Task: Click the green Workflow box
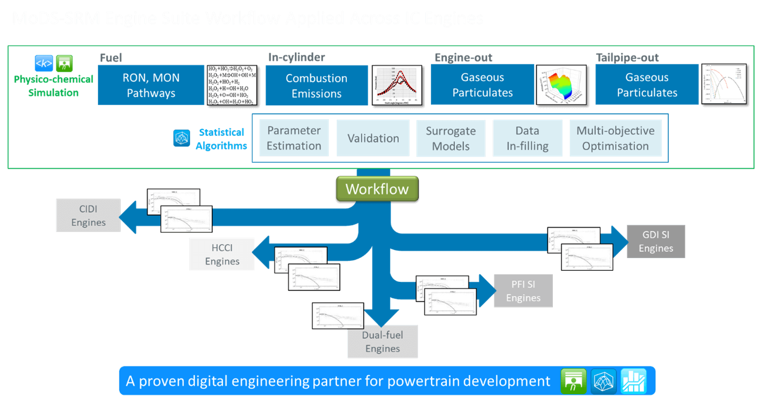pyautogui.click(x=377, y=189)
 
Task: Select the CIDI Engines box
pyautogui.click(x=88, y=215)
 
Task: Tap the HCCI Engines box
pyautogui.click(x=222, y=254)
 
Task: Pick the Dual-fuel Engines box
pyautogui.click(x=383, y=341)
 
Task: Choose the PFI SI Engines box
pyautogui.click(x=523, y=290)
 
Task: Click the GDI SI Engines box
pyautogui.click(x=655, y=241)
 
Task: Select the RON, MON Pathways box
pyautogui.click(x=151, y=85)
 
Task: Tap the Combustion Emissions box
pyautogui.click(x=317, y=85)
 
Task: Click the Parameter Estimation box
pyautogui.click(x=294, y=138)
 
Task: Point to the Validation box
pyautogui.click(x=373, y=138)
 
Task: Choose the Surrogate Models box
pyautogui.click(x=451, y=138)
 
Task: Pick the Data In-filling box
pyautogui.click(x=527, y=138)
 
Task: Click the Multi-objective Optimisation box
pyautogui.click(x=616, y=138)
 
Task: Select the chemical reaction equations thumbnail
pyautogui.click(x=232, y=85)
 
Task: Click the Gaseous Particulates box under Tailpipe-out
pyautogui.click(x=647, y=85)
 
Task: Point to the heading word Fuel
pyautogui.click(x=111, y=57)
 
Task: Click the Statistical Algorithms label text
pyautogui.click(x=221, y=138)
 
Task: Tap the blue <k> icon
pyautogui.click(x=44, y=63)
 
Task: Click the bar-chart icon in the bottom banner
pyautogui.click(x=633, y=381)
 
